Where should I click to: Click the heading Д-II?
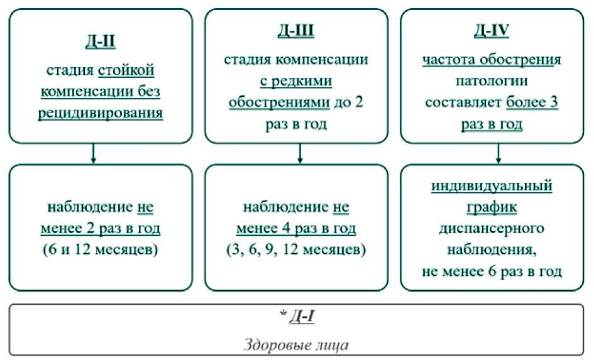point(101,43)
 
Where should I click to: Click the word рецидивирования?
point(101,115)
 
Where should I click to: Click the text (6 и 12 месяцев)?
point(101,250)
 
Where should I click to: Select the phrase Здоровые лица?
point(297,345)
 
